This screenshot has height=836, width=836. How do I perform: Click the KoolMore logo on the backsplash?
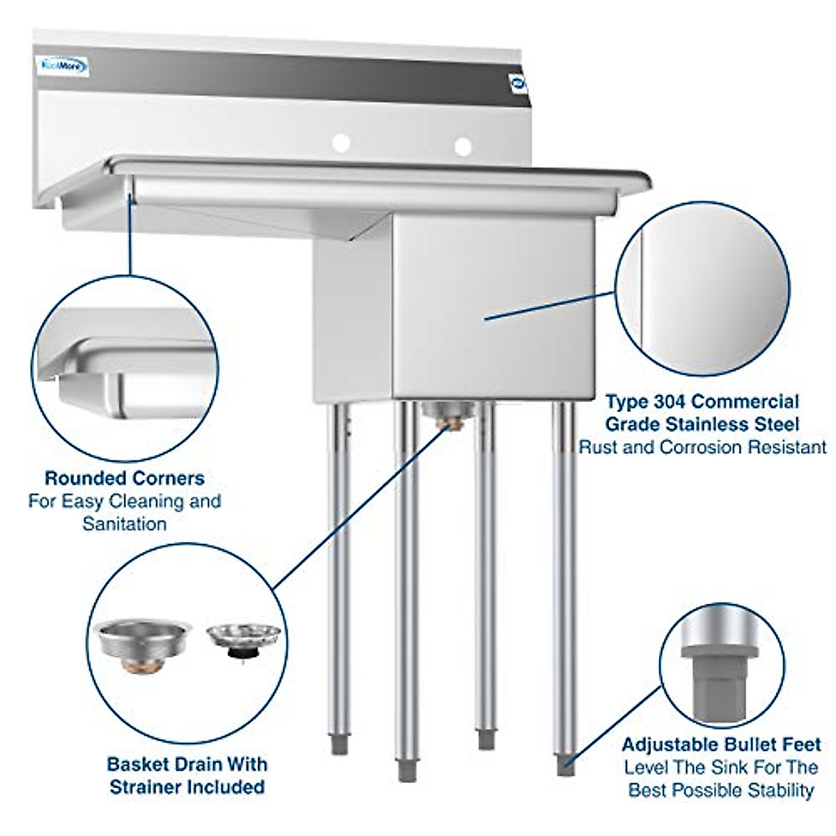pos(62,67)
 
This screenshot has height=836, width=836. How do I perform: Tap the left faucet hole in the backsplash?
pos(341,144)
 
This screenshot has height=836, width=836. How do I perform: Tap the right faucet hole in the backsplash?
pos(463,146)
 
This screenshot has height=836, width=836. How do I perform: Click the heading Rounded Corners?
pos(124,479)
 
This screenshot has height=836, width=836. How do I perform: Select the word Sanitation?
pos(124,523)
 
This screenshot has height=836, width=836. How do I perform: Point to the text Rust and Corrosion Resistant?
pos(702,447)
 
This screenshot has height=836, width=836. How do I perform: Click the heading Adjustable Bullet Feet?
pos(721,745)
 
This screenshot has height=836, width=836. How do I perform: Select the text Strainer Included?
pos(187,787)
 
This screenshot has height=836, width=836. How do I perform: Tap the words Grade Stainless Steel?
pos(702,424)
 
